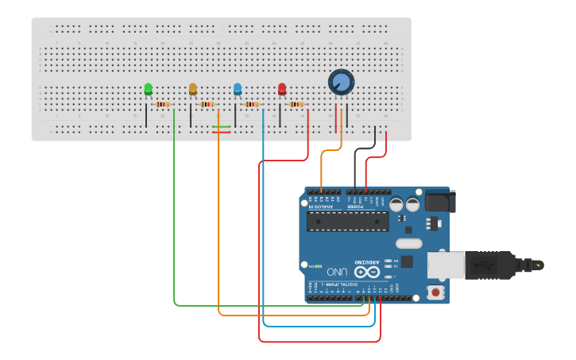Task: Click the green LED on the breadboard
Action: click(148, 90)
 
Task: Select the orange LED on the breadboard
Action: click(192, 90)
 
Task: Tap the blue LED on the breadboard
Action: click(237, 90)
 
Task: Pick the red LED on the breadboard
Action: click(282, 90)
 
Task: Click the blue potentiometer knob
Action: click(341, 82)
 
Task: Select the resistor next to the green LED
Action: click(163, 104)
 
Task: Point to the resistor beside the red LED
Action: click(296, 104)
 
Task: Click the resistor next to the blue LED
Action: click(252, 104)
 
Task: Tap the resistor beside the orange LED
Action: click(207, 104)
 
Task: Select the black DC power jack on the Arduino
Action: click(437, 200)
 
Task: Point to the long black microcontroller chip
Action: click(348, 221)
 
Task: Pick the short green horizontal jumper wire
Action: click(221, 126)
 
